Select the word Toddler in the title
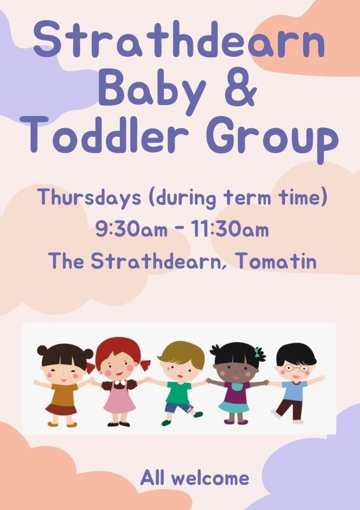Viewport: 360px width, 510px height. pos(104,135)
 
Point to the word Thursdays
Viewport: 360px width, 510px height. pos(89,198)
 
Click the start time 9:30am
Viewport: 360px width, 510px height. pos(131,229)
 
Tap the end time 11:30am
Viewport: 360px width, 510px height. pos(229,229)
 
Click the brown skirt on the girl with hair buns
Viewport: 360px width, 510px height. pos(61,410)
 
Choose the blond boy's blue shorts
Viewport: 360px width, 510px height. pos(179,408)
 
